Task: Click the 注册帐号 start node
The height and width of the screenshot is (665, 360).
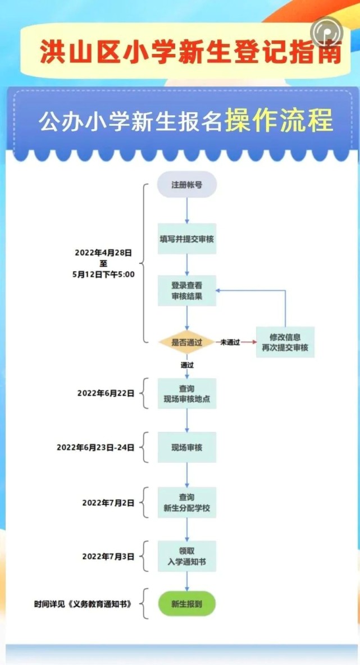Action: (186, 185)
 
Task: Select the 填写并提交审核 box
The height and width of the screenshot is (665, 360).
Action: (186, 239)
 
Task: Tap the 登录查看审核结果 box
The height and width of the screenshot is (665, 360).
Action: (186, 291)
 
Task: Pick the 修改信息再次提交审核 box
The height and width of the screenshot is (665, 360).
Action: (285, 342)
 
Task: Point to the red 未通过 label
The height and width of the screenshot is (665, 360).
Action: (230, 342)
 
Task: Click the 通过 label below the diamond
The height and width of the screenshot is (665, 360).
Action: (187, 365)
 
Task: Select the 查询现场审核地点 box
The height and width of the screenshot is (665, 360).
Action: (186, 393)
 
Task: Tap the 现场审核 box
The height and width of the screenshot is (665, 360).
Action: (186, 448)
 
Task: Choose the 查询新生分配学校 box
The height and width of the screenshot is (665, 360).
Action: (186, 503)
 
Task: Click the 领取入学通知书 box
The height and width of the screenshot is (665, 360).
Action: (186, 557)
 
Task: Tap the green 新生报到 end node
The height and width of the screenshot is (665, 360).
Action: (186, 604)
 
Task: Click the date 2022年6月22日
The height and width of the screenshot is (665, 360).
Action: (106, 394)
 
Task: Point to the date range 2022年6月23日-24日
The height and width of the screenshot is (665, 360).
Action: (95, 448)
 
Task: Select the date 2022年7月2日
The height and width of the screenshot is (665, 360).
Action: (108, 503)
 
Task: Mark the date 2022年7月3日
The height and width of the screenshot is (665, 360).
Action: (108, 557)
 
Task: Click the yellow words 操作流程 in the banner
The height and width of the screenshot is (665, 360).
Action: (279, 120)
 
